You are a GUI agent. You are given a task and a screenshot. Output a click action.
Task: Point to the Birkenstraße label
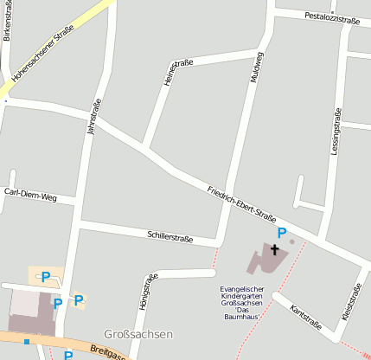point(7,21)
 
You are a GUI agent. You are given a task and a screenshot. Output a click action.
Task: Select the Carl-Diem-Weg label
point(30,196)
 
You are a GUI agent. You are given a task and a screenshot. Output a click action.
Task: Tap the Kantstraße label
point(307,318)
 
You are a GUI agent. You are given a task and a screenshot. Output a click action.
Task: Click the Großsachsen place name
point(138,334)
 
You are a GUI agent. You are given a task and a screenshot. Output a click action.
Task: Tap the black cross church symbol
point(275,250)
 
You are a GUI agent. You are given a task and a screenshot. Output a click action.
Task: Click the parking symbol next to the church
point(281,232)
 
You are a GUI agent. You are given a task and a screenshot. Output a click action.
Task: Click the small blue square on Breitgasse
point(27,341)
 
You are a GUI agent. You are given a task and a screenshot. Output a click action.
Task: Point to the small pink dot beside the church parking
point(292,241)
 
